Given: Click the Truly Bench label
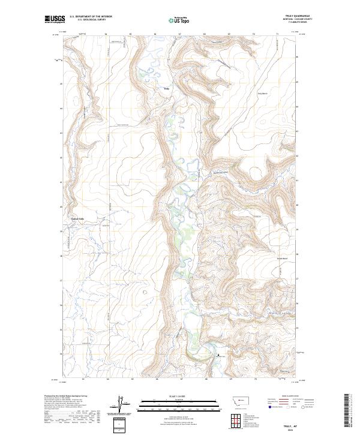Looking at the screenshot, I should [x=263, y=93].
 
